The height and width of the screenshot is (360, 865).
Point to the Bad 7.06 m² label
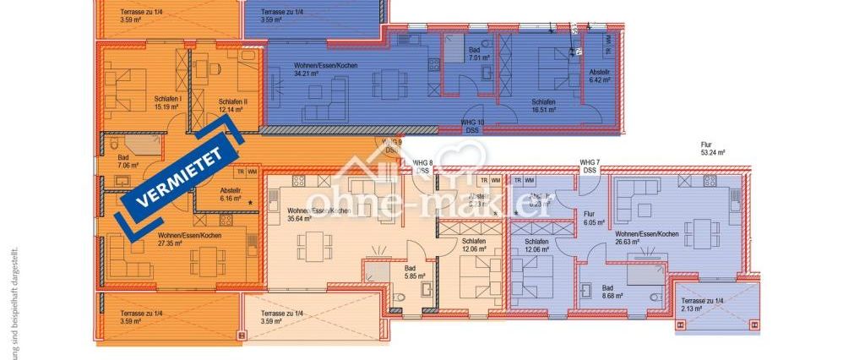click(x=122, y=161)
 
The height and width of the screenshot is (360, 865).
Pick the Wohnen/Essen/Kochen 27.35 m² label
click(x=189, y=239)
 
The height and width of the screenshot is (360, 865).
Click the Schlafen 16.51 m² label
click(x=542, y=106)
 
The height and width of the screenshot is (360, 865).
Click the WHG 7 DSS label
click(x=589, y=166)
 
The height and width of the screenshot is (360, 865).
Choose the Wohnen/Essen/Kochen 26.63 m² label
click(x=646, y=237)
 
